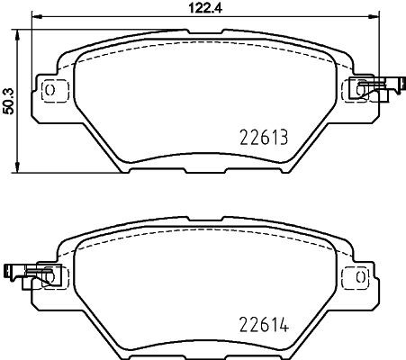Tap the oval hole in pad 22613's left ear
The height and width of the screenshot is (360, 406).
click(50, 91)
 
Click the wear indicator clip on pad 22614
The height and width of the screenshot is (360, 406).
click(24, 272)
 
